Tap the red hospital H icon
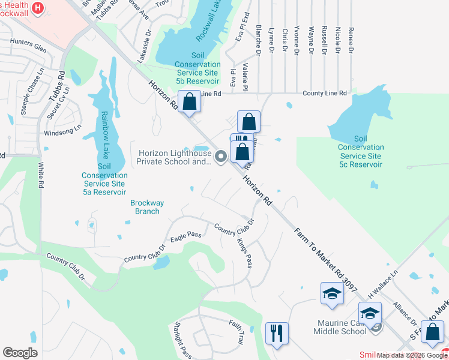tap(38, 8)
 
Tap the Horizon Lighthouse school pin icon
tap(220, 157)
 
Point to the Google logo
tap(20, 353)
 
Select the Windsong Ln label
tap(62, 130)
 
